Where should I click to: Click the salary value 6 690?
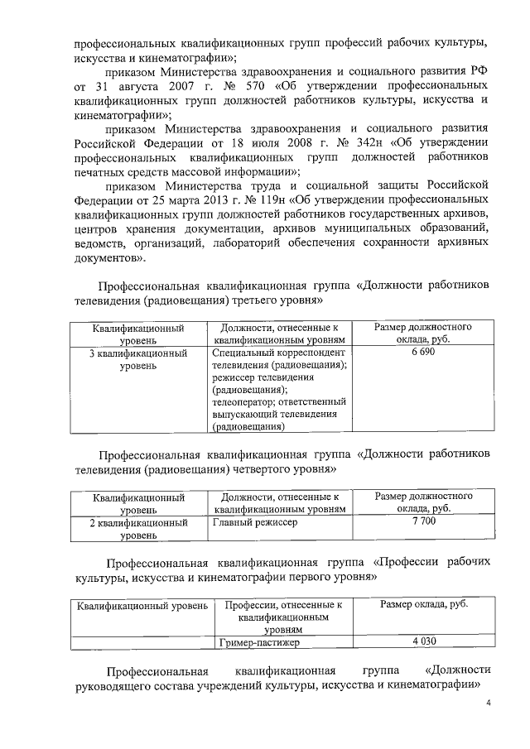422,352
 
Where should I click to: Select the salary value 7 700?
422,521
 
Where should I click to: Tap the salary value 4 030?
422,641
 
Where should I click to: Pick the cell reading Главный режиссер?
253,522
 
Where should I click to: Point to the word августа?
149,86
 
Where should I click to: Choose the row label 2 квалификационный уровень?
138,529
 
